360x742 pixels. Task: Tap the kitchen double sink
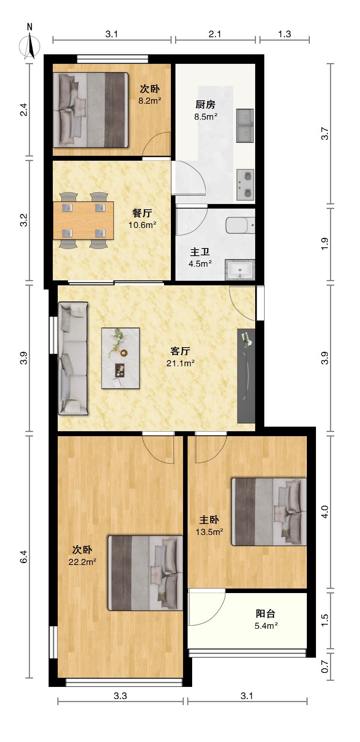pyautogui.click(x=245, y=126)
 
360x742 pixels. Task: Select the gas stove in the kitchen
pyautogui.click(x=245, y=185)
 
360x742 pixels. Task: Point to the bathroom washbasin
pyautogui.click(x=240, y=270)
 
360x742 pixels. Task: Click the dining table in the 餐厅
pyautogui.click(x=83, y=220)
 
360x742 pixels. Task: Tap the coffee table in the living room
pyautogui.click(x=120, y=358)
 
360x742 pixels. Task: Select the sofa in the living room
pyautogui.click(x=73, y=358)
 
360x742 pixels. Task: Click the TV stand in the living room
pyautogui.click(x=246, y=376)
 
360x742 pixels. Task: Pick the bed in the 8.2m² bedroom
pyautogui.click(x=90, y=110)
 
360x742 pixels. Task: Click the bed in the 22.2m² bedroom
pyautogui.click(x=145, y=573)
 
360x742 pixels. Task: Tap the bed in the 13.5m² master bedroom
pyautogui.click(x=269, y=512)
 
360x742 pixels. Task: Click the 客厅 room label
pyautogui.click(x=180, y=351)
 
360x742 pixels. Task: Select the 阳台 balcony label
pyautogui.click(x=265, y=614)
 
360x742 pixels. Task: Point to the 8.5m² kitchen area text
pyautogui.click(x=206, y=117)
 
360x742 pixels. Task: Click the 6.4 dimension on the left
pyautogui.click(x=24, y=557)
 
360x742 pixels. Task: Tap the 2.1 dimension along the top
pyautogui.click(x=215, y=34)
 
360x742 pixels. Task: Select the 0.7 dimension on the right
pyautogui.click(x=325, y=667)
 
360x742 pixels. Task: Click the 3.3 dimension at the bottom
pyautogui.click(x=120, y=696)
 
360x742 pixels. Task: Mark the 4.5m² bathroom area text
pyautogui.click(x=200, y=264)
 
